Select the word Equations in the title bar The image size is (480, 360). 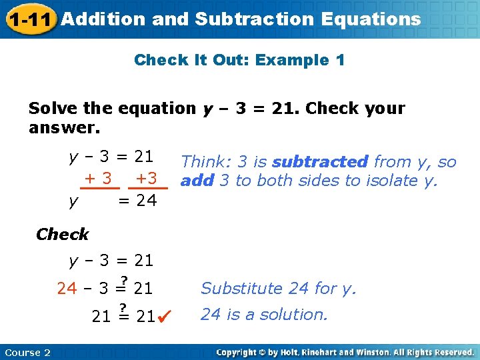pos(371,19)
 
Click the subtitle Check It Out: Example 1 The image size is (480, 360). pos(239,60)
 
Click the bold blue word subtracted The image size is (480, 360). pos(320,161)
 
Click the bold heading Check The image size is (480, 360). pos(62,234)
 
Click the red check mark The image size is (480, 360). pos(165,315)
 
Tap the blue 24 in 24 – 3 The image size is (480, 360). pos(67,289)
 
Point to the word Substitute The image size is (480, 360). pos(242,288)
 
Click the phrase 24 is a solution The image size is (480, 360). pos(264,314)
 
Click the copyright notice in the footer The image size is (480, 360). pos(345,352)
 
